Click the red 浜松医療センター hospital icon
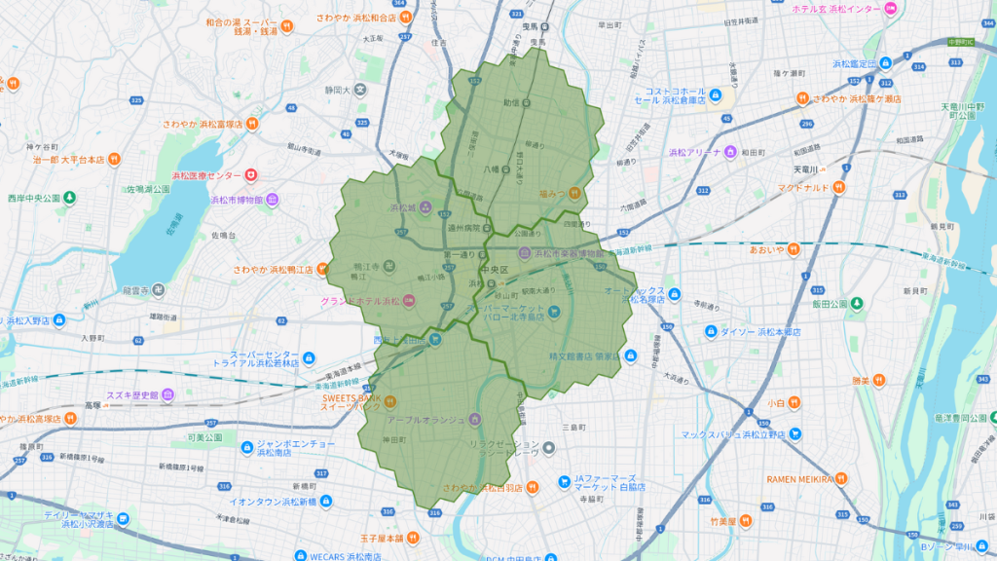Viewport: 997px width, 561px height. pyautogui.click(x=251, y=174)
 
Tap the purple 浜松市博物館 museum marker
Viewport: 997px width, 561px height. pyautogui.click(x=273, y=200)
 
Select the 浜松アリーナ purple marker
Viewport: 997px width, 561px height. pyautogui.click(x=730, y=152)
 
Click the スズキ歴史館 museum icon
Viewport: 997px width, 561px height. pyautogui.click(x=166, y=394)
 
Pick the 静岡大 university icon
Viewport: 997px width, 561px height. pyautogui.click(x=361, y=90)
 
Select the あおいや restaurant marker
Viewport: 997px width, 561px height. pyautogui.click(x=794, y=249)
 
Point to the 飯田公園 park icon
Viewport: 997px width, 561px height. pyautogui.click(x=856, y=304)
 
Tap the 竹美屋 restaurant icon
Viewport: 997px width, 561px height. pyautogui.click(x=747, y=522)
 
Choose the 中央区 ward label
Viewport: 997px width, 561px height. pyautogui.click(x=498, y=270)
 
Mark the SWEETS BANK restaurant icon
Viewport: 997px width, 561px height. pyautogui.click(x=390, y=400)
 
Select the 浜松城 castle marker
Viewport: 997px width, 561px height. pyautogui.click(x=425, y=207)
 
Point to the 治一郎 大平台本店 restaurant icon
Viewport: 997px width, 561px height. pyautogui.click(x=114, y=159)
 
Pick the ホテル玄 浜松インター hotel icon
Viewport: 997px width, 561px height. pyautogui.click(x=890, y=9)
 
